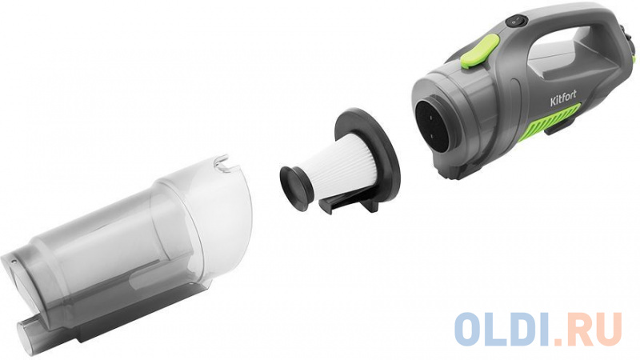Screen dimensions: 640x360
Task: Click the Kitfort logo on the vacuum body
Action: tap(563, 98)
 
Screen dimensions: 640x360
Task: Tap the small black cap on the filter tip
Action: tap(295, 189)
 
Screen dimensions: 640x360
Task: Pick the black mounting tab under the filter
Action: tap(349, 202)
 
